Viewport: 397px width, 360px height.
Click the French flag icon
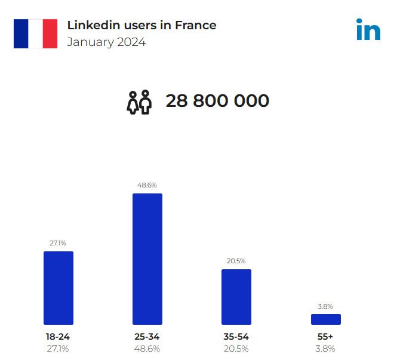pyautogui.click(x=36, y=33)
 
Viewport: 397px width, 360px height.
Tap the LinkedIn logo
pyautogui.click(x=368, y=30)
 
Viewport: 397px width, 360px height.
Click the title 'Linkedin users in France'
pyautogui.click(x=141, y=25)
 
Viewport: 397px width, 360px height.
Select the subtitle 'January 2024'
pyautogui.click(x=106, y=42)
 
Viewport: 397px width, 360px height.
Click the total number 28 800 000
pyautogui.click(x=217, y=101)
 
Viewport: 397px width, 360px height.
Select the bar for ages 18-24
pyautogui.click(x=59, y=288)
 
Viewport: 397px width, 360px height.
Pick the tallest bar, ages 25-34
pyautogui.click(x=147, y=259)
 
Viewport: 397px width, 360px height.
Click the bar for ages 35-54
pyautogui.click(x=236, y=297)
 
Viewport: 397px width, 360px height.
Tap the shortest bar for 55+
pyautogui.click(x=325, y=319)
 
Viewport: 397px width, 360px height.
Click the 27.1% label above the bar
pyautogui.click(x=58, y=243)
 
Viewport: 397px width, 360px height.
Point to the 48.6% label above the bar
pyautogui.click(x=147, y=185)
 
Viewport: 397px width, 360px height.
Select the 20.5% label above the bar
pyautogui.click(x=236, y=261)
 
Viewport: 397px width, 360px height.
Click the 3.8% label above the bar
pyautogui.click(x=325, y=306)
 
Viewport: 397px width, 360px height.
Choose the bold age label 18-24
pyautogui.click(x=58, y=337)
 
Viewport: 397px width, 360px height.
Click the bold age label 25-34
pyautogui.click(x=147, y=337)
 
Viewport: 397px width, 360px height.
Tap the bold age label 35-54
pyautogui.click(x=236, y=337)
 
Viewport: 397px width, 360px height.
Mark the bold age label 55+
pyautogui.click(x=325, y=337)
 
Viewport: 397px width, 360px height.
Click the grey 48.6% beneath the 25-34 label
pyautogui.click(x=147, y=349)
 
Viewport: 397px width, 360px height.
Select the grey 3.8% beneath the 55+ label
pyautogui.click(x=325, y=349)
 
